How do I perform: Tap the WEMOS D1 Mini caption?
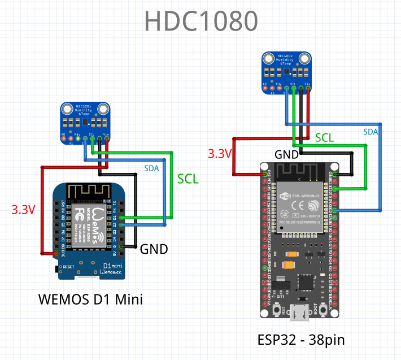pyautogui.click(x=90, y=299)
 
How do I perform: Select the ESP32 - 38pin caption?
pyautogui.click(x=301, y=340)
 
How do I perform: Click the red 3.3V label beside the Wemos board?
pyautogui.click(x=24, y=210)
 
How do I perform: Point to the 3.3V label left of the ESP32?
pyautogui.click(x=219, y=154)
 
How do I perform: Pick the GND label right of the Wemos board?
pyautogui.click(x=154, y=249)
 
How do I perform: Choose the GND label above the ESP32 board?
pyautogui.click(x=287, y=154)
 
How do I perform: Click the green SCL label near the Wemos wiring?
pyautogui.click(x=188, y=179)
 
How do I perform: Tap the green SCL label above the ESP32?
pyautogui.click(x=324, y=138)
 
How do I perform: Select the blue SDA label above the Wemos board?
pyautogui.click(x=152, y=168)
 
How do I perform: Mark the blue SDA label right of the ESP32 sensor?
pyautogui.click(x=371, y=132)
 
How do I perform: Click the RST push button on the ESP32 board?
pyautogui.click(x=278, y=310)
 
